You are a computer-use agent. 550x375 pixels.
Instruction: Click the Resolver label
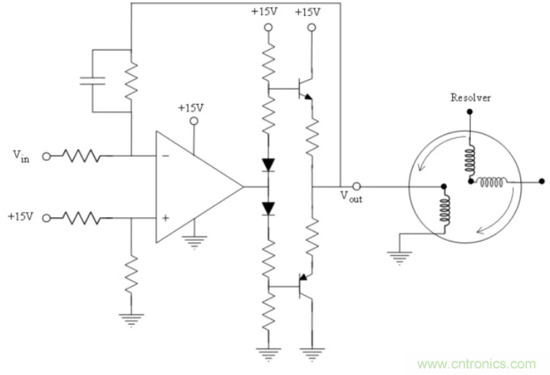click(470, 97)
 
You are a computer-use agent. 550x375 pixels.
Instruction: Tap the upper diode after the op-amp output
click(269, 164)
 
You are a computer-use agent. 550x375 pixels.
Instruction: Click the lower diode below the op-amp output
click(269, 208)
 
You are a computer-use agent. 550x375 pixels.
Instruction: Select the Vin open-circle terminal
click(47, 155)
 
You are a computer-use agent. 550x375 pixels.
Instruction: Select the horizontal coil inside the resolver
click(492, 182)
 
